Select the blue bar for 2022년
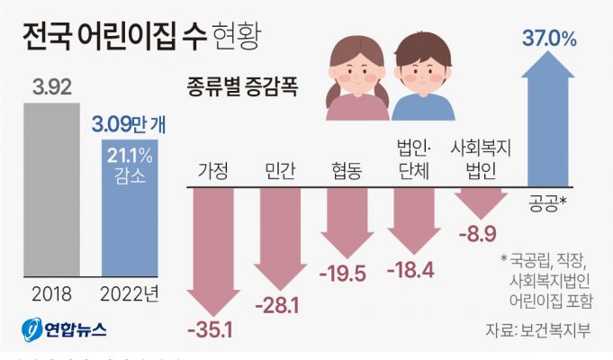point(131,216)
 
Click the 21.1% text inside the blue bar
point(131,156)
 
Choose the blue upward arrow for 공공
point(545,117)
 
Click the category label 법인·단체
point(414,157)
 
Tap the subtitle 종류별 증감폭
point(242,89)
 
